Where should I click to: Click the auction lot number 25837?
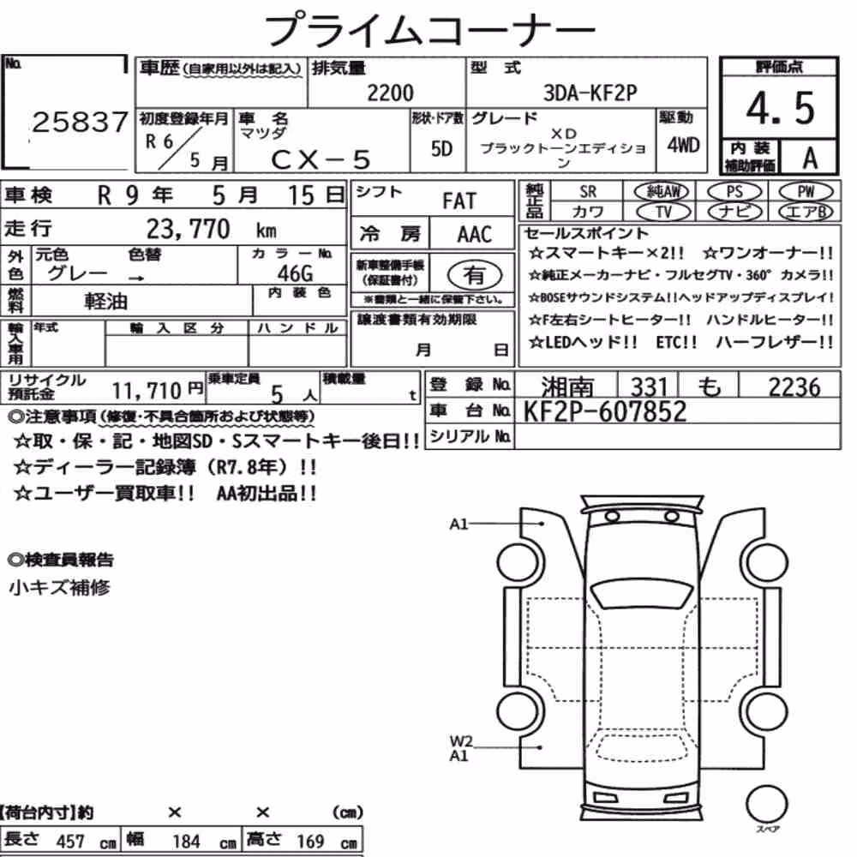tap(81, 122)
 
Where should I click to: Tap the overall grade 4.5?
tap(781, 108)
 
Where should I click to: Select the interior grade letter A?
tap(810, 158)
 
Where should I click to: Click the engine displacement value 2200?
tap(390, 93)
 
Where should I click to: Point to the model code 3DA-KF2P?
tap(590, 93)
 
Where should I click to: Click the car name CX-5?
tap(321, 159)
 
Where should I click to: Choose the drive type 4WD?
tap(683, 145)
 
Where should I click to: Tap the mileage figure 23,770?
tap(188, 230)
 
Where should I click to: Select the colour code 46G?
tap(295, 273)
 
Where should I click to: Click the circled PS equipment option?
tap(734, 192)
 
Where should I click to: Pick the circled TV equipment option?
tap(663, 212)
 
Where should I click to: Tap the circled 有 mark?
tap(474, 275)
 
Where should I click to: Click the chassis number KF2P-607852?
tap(604, 411)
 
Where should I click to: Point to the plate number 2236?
tap(794, 387)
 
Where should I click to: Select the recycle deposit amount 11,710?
tap(146, 391)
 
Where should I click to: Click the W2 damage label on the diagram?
tap(460, 741)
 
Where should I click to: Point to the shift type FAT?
tap(459, 201)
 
